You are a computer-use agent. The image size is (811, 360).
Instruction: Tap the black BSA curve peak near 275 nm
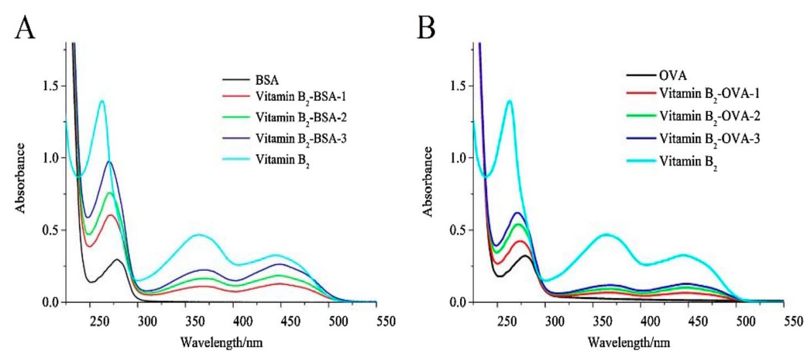coord(117,260)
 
